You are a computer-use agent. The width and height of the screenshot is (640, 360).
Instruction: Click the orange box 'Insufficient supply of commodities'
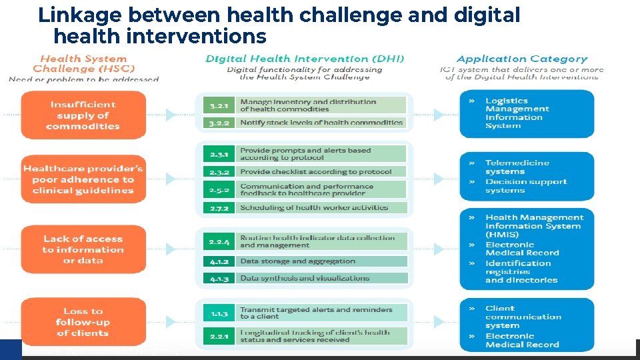point(83,115)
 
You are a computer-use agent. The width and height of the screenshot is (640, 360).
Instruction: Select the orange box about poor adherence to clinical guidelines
point(83,179)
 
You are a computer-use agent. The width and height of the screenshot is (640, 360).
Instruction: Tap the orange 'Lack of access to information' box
point(83,249)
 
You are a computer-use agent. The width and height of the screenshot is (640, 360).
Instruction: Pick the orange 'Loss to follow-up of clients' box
point(83,322)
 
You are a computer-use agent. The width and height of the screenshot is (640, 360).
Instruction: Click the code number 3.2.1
point(219,105)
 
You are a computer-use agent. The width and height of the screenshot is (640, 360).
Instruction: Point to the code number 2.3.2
point(219,171)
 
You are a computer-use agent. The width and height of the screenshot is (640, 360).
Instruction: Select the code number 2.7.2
point(219,208)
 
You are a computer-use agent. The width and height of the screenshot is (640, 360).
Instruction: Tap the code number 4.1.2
point(219,261)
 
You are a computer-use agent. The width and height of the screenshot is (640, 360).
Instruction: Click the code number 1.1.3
point(219,313)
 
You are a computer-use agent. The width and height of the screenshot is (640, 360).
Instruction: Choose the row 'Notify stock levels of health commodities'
point(321,122)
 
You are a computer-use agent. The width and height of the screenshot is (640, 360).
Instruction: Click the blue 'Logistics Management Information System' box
point(527,113)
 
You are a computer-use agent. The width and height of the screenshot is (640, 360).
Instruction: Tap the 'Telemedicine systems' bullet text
point(517,167)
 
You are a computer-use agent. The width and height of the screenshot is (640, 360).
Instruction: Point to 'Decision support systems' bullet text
point(525,185)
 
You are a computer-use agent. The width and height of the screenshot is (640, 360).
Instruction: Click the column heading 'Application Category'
point(522,59)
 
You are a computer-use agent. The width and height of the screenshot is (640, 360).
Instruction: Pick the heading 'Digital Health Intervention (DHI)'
point(304,59)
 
